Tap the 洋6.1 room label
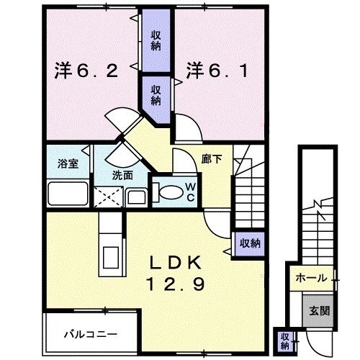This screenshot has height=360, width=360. pyautogui.click(x=215, y=71)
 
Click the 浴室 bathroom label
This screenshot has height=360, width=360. pyautogui.click(x=68, y=163)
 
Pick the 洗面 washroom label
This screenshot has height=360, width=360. pyautogui.click(x=122, y=175)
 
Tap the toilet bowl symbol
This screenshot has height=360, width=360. pyautogui.click(x=171, y=192)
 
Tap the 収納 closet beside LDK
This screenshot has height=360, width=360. pyautogui.click(x=249, y=243)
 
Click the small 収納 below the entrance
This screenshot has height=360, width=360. pyautogui.click(x=285, y=338)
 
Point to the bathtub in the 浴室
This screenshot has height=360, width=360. pyautogui.click(x=67, y=195)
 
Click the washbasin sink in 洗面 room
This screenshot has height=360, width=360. pyautogui.click(x=136, y=196)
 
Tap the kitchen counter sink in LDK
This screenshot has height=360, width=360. pyautogui.click(x=111, y=256)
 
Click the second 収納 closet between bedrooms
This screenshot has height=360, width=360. pyautogui.click(x=156, y=91)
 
